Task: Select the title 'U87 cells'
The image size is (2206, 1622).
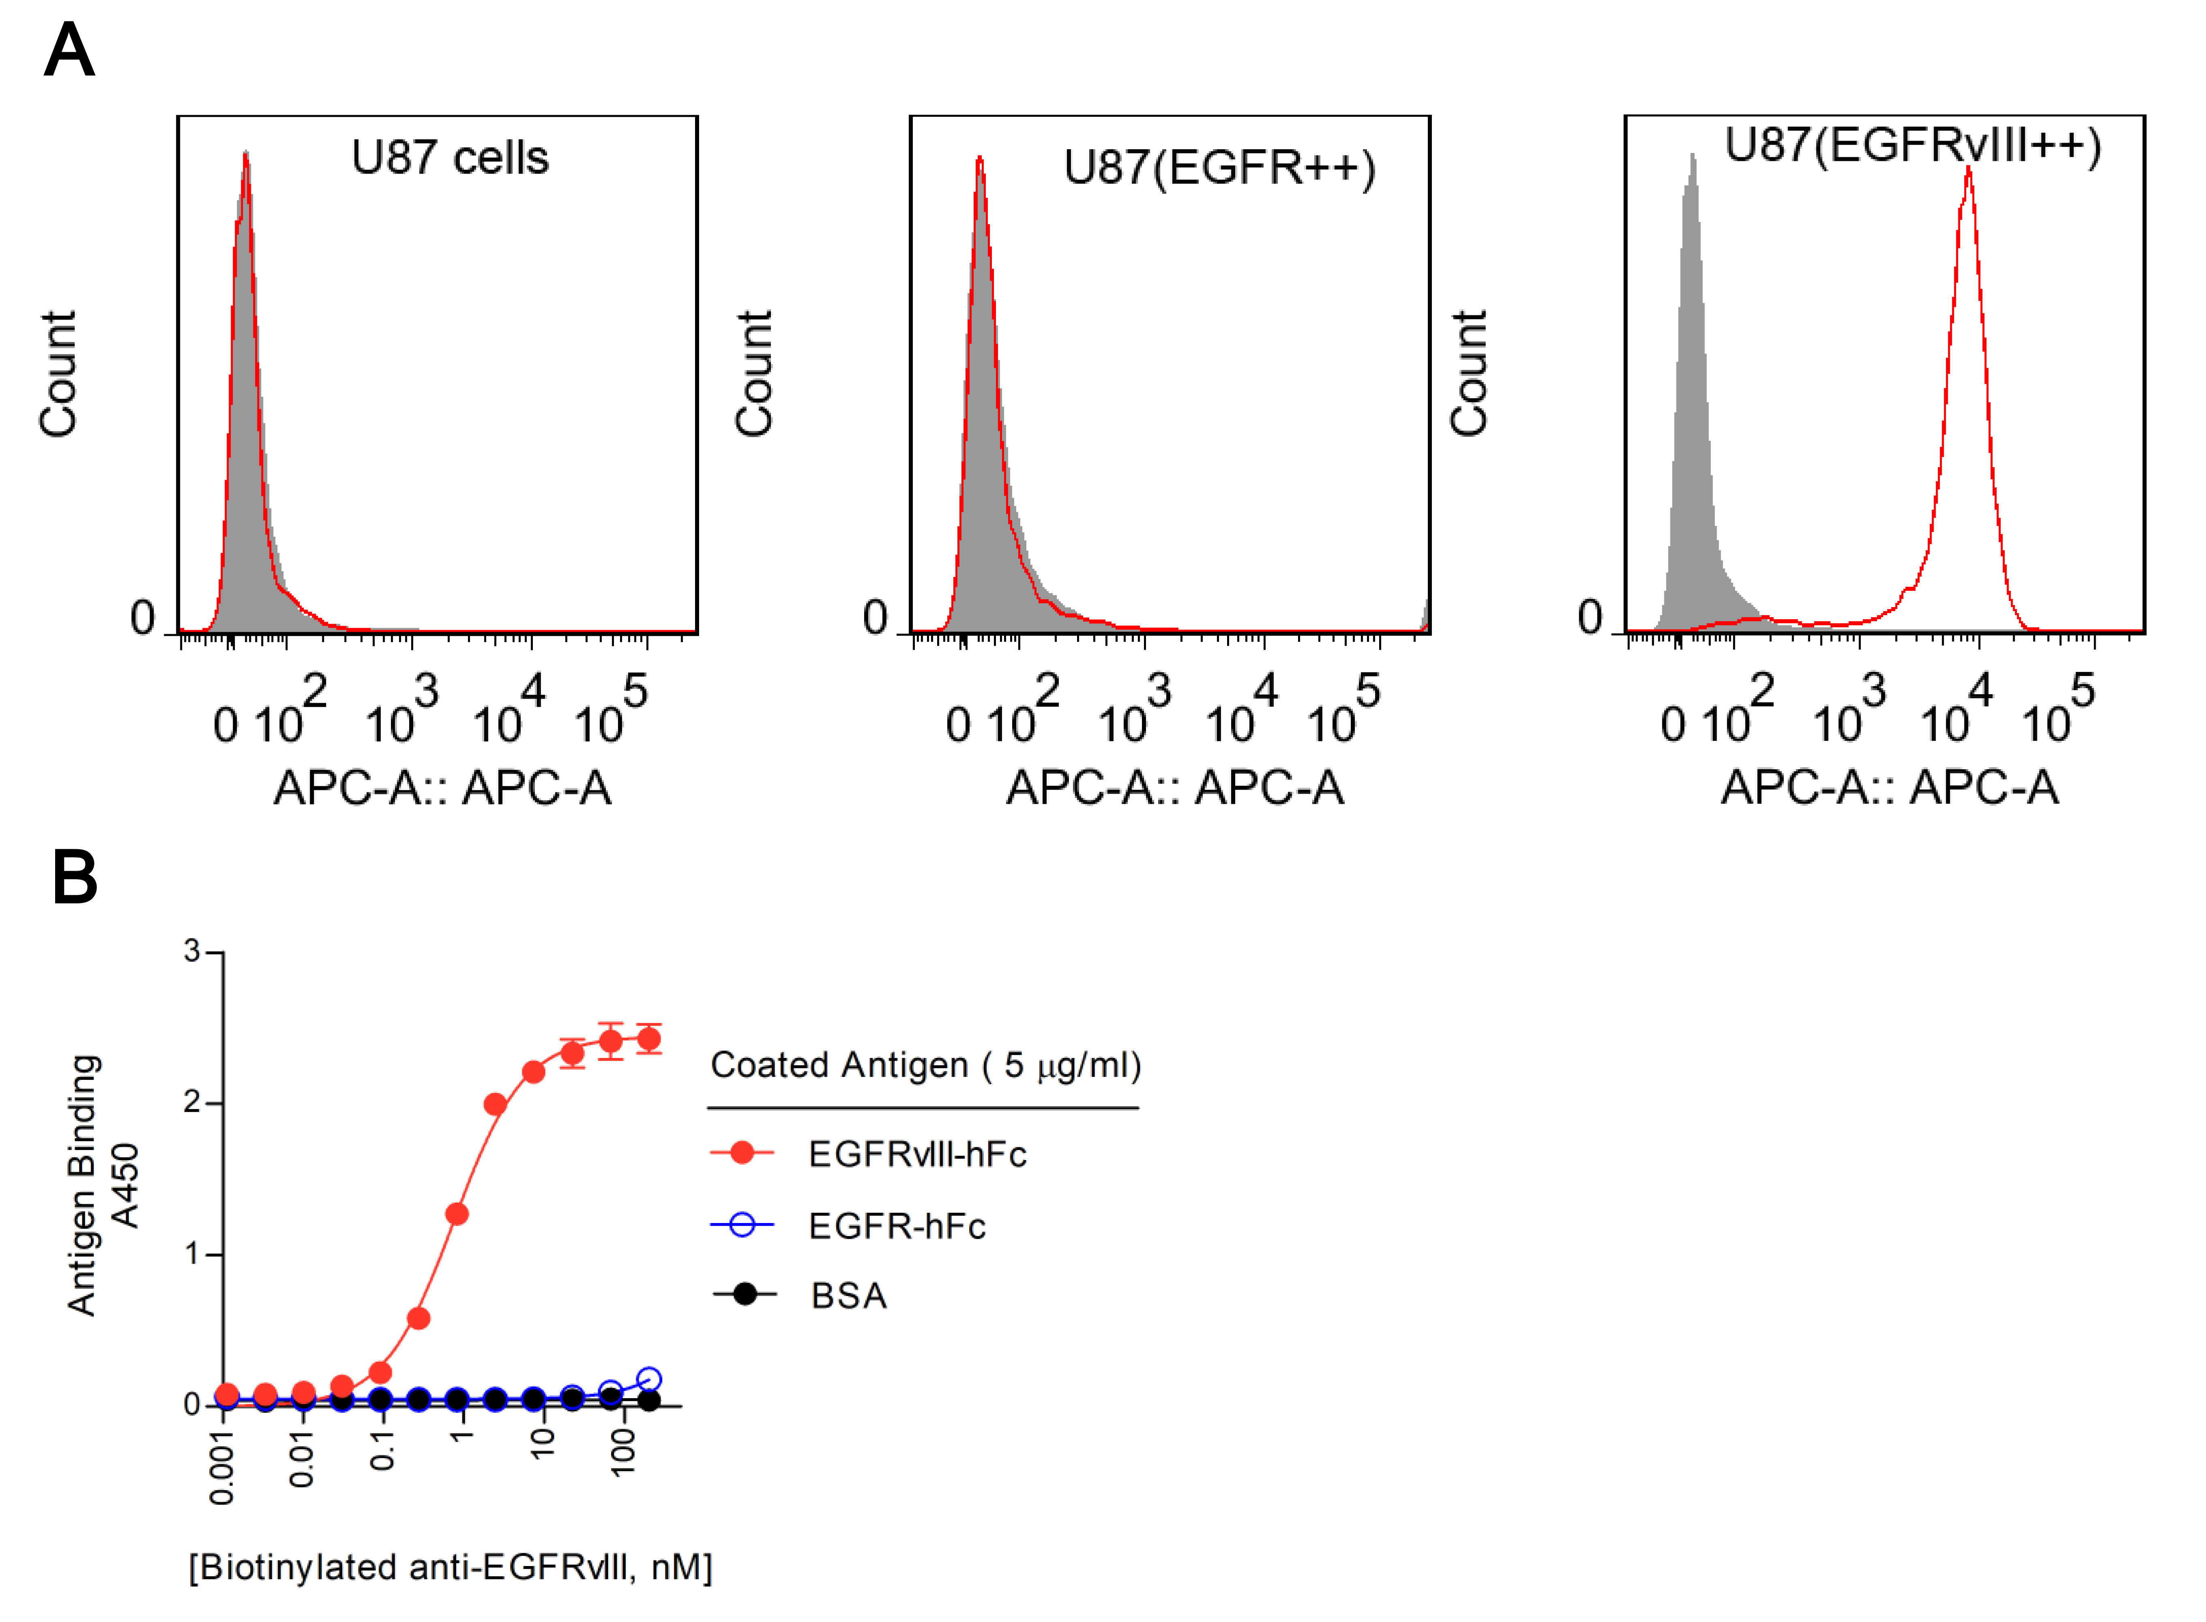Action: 450,158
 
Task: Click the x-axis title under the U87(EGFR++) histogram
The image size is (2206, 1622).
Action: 1174,787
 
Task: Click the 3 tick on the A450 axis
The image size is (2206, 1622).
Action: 193,950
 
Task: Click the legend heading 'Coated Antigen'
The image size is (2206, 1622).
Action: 925,1065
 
